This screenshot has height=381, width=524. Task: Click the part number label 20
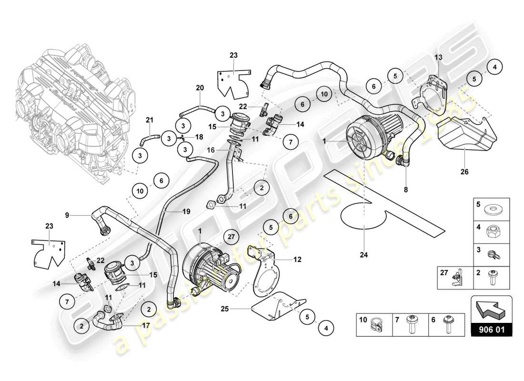(200, 88)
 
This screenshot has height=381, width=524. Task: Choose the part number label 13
(438, 57)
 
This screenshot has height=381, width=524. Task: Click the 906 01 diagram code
(491, 329)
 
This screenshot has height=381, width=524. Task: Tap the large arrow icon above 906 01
(491, 309)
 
